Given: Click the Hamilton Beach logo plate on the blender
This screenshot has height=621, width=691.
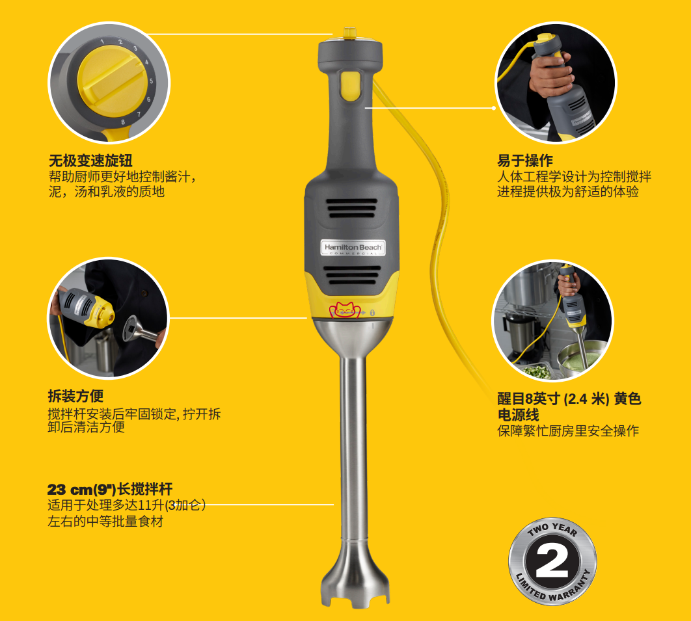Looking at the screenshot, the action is [x=353, y=248].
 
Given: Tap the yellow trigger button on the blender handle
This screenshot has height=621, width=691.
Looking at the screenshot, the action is [x=349, y=85].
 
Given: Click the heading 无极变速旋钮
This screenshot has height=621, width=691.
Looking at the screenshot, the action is [x=90, y=161].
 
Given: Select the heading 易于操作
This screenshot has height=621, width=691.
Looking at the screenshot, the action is [x=525, y=161].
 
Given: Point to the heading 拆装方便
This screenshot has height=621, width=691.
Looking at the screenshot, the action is [x=75, y=396].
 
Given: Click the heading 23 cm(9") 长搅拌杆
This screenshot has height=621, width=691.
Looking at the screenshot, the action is [x=110, y=489].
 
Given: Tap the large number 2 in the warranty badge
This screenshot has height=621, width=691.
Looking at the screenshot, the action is [x=552, y=562].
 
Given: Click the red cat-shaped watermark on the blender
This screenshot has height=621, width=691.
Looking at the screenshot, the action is [x=345, y=310].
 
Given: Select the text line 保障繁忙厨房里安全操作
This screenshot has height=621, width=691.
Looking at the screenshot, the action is [x=568, y=430].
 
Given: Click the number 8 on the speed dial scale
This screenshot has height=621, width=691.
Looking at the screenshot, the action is [x=123, y=122].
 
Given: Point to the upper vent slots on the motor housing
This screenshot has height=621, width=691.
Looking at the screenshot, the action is [x=351, y=208].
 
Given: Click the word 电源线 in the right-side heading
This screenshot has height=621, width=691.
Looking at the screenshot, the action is [x=518, y=415].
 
